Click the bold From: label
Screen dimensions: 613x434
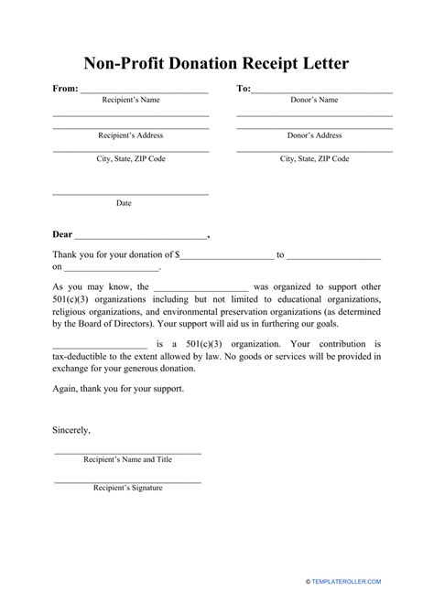pyautogui.click(x=65, y=89)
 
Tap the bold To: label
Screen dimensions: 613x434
pyautogui.click(x=244, y=89)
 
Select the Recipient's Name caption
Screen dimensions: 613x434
pyautogui.click(x=130, y=100)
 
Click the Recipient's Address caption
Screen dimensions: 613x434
pyautogui.click(x=130, y=134)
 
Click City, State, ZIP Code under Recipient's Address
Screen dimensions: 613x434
pyautogui.click(x=130, y=158)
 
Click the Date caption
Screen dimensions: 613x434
pyautogui.click(x=124, y=202)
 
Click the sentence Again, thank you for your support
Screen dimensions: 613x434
pyautogui.click(x=118, y=388)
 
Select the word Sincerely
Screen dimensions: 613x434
pyautogui.click(x=71, y=428)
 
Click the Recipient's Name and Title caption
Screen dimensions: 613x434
pyautogui.click(x=127, y=464)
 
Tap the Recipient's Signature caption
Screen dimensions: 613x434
pyautogui.click(x=127, y=488)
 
